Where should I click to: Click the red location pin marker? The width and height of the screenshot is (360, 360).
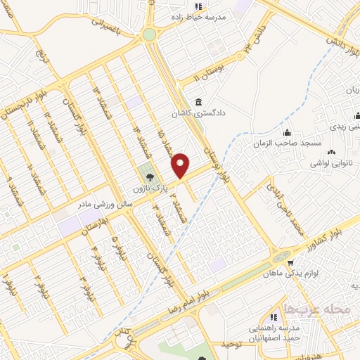(x=181, y=165)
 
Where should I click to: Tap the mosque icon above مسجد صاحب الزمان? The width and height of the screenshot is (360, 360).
(x=286, y=133)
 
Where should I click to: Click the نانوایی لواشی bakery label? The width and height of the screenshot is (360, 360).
(x=332, y=163)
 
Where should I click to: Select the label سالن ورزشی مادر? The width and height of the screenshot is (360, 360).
(x=102, y=203)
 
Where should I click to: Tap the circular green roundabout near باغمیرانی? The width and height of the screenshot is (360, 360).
(x=149, y=34)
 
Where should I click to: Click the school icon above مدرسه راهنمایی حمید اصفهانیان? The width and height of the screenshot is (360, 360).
(x=273, y=318)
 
